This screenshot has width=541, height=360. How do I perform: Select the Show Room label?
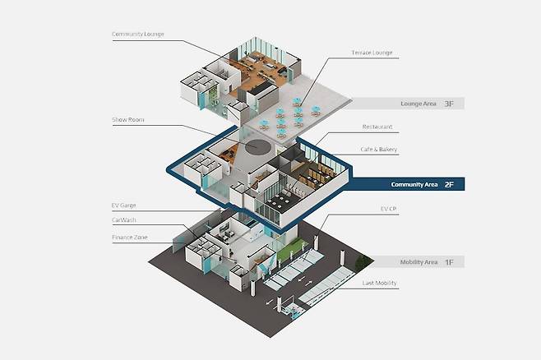pos(127,120)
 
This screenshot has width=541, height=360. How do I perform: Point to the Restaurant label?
pos(377,127)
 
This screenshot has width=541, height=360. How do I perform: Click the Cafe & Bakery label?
pos(379,149)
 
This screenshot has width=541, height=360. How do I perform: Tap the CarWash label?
pos(125,220)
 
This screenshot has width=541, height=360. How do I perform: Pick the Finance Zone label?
pos(130,238)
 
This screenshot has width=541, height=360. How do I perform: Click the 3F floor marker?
pos(448,104)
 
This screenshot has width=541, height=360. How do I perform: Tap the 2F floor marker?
pos(449,185)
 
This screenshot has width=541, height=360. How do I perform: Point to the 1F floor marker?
pos(448,262)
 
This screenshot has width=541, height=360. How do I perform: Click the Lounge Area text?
pos(418,104)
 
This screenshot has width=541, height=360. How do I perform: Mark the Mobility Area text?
pos(417,262)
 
